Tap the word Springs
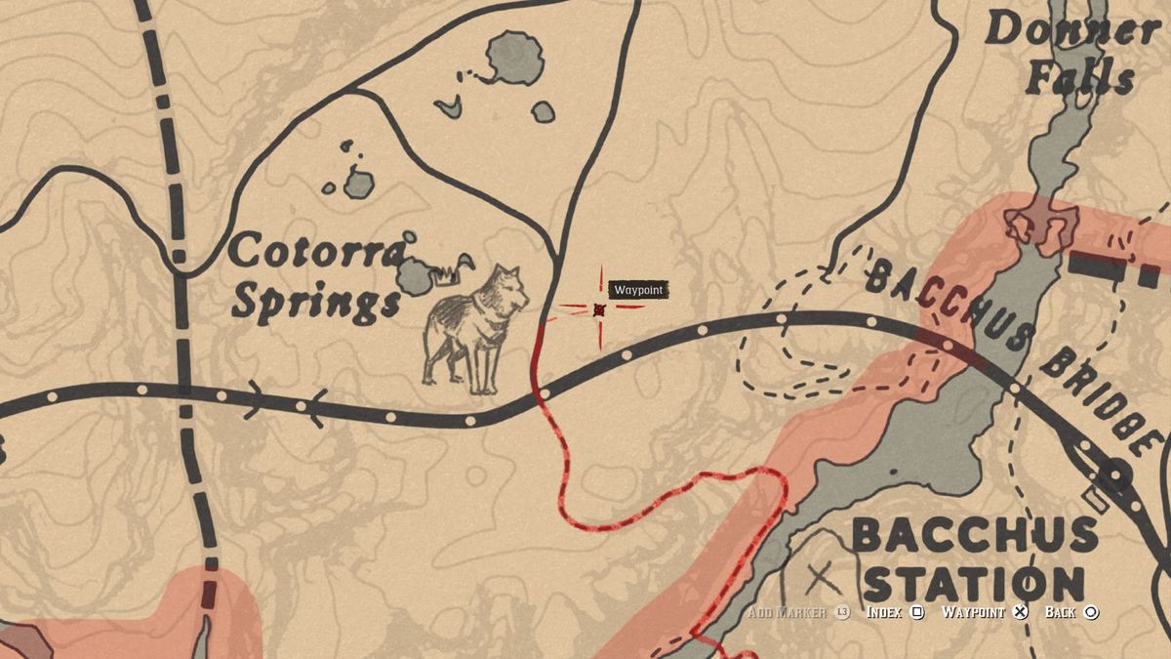click(316, 305)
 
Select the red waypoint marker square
click(599, 309)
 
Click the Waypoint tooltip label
click(639, 290)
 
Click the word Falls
click(1079, 79)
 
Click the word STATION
click(974, 584)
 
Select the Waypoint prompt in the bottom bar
click(974, 612)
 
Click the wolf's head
click(507, 286)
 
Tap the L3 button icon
click(843, 612)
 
